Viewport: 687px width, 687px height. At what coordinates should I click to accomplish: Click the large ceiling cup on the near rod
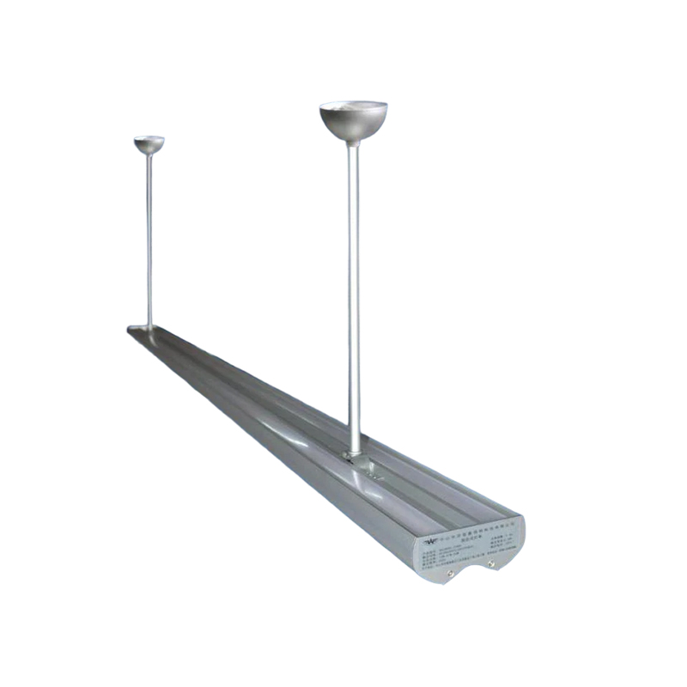tap(353, 121)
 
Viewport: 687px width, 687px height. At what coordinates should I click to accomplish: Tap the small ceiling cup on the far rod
tap(149, 144)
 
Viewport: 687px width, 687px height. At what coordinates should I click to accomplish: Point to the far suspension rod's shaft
tap(149, 240)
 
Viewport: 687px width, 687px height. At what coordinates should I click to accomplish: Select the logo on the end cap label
tap(431, 541)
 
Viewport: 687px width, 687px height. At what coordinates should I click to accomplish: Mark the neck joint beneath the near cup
tap(353, 143)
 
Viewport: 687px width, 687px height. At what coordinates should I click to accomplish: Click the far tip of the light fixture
tap(134, 330)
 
